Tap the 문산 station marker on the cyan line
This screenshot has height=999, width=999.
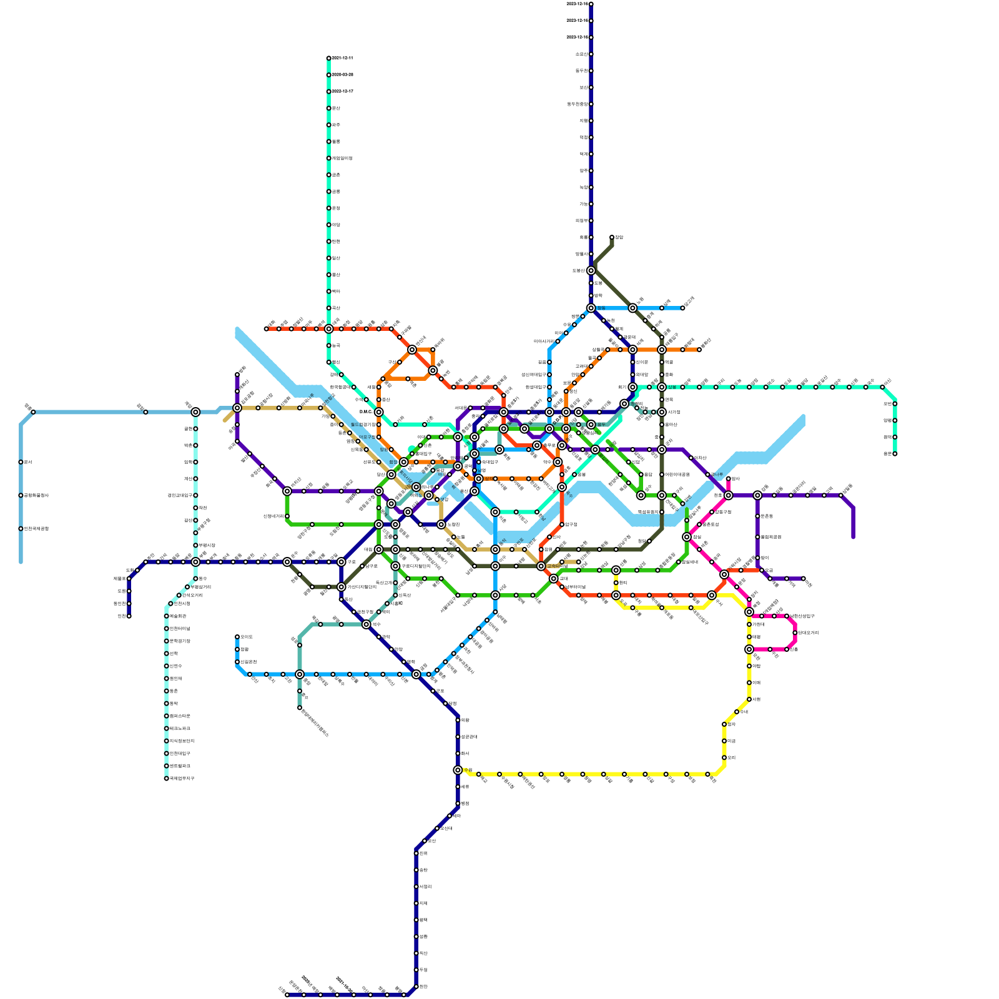[329, 109]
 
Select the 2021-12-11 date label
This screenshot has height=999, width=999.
[342, 58]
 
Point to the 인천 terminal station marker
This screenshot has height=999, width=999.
[129, 616]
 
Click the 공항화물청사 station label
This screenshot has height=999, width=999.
[36, 496]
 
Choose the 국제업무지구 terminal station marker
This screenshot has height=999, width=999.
[167, 779]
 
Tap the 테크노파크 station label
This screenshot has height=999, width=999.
[180, 729]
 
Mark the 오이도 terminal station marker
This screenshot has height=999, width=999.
[237, 637]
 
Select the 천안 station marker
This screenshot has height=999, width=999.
[416, 987]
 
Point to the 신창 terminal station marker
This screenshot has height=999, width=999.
[287, 995]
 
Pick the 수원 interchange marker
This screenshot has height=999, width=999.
[458, 770]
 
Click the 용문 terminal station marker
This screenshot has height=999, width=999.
[895, 454]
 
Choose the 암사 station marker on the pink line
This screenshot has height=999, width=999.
[729, 479]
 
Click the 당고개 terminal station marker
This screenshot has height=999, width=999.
[682, 308]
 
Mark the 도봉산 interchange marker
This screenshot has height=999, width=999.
[591, 270]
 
